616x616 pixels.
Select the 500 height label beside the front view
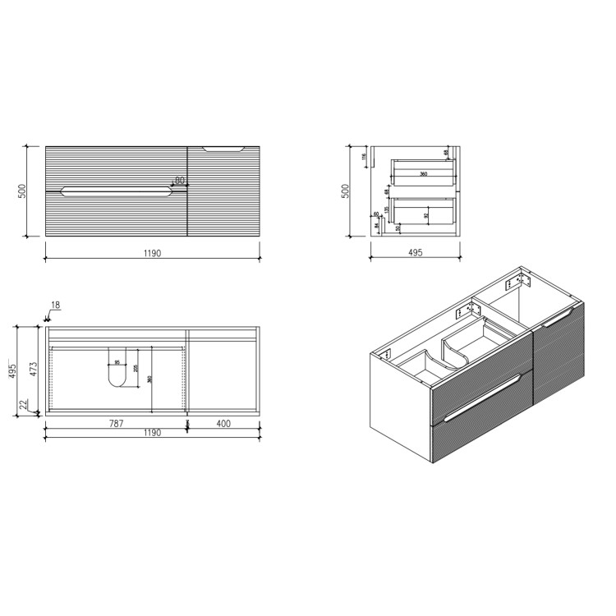tap(24, 191)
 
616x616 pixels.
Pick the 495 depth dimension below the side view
tap(415, 253)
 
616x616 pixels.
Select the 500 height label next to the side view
tap(347, 191)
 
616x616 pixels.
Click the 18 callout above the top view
tap(56, 306)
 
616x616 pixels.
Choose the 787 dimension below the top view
tap(116, 424)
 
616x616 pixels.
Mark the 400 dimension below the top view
tap(223, 424)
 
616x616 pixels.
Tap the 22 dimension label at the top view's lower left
tap(24, 404)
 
